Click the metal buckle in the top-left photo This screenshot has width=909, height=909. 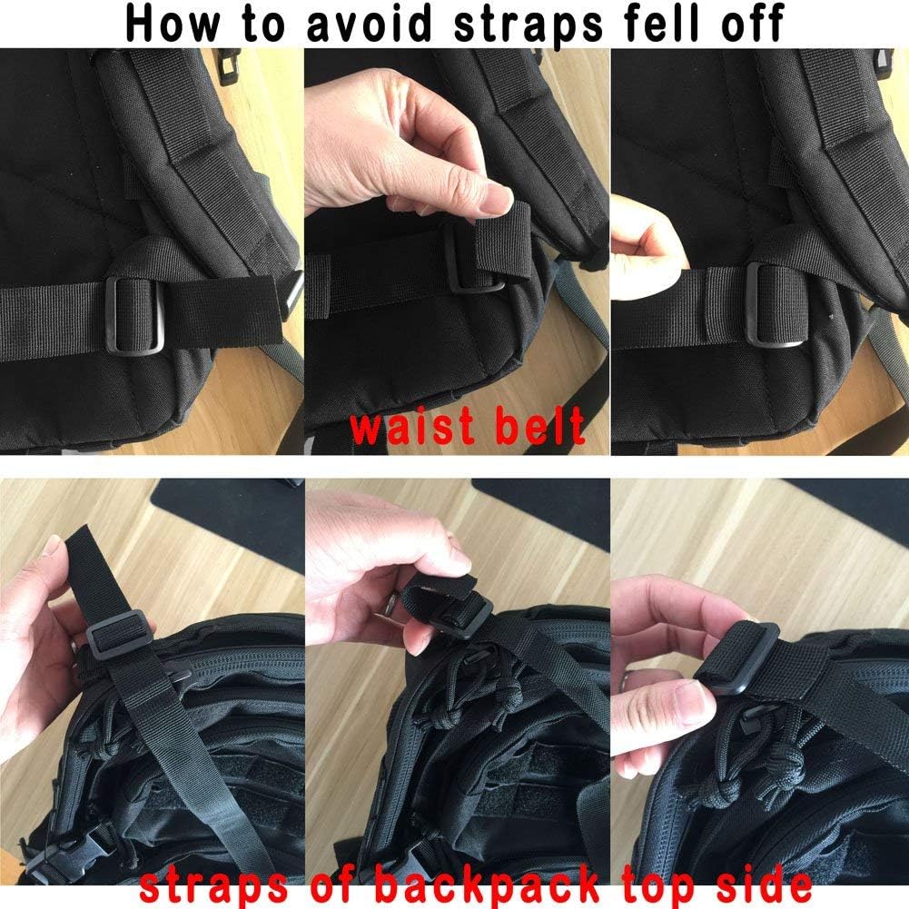pos(134,313)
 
